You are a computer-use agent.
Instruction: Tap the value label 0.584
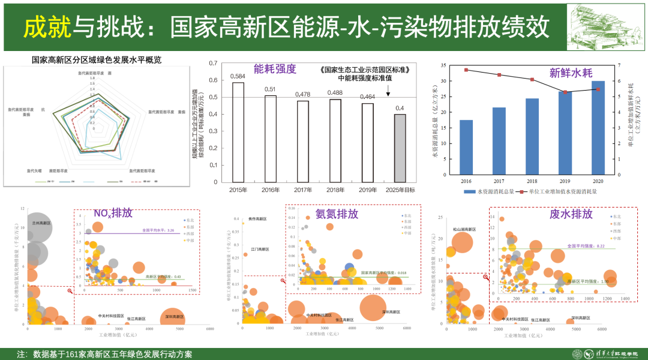[238, 76]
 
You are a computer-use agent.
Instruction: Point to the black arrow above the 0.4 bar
[388, 91]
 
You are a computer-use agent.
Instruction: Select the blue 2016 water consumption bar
[466, 146]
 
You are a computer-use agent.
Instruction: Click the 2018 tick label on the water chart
[532, 180]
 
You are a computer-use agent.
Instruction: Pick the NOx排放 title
[113, 214]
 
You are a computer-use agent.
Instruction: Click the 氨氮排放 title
[337, 214]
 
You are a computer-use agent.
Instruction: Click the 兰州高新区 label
[41, 222]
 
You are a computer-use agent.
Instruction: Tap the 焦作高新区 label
[257, 219]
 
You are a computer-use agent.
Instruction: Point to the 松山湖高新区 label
[465, 230]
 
